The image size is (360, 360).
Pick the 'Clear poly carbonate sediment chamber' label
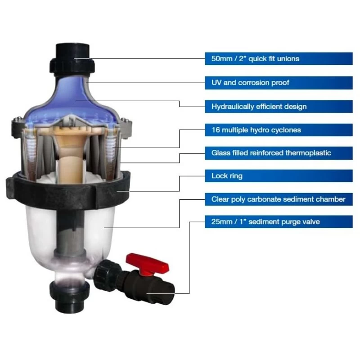tap(279, 199)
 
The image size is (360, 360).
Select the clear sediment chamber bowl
tap(103, 229)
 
